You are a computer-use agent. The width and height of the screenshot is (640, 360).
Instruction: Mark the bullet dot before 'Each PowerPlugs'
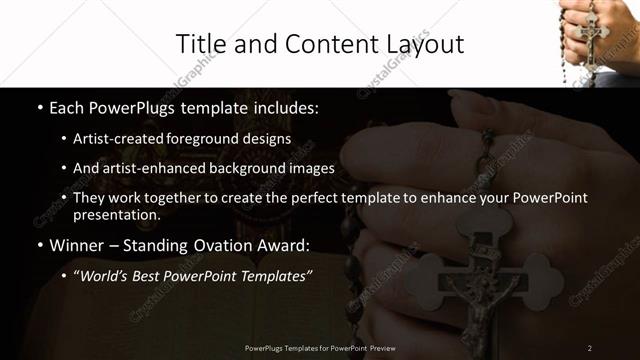tap(39, 106)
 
